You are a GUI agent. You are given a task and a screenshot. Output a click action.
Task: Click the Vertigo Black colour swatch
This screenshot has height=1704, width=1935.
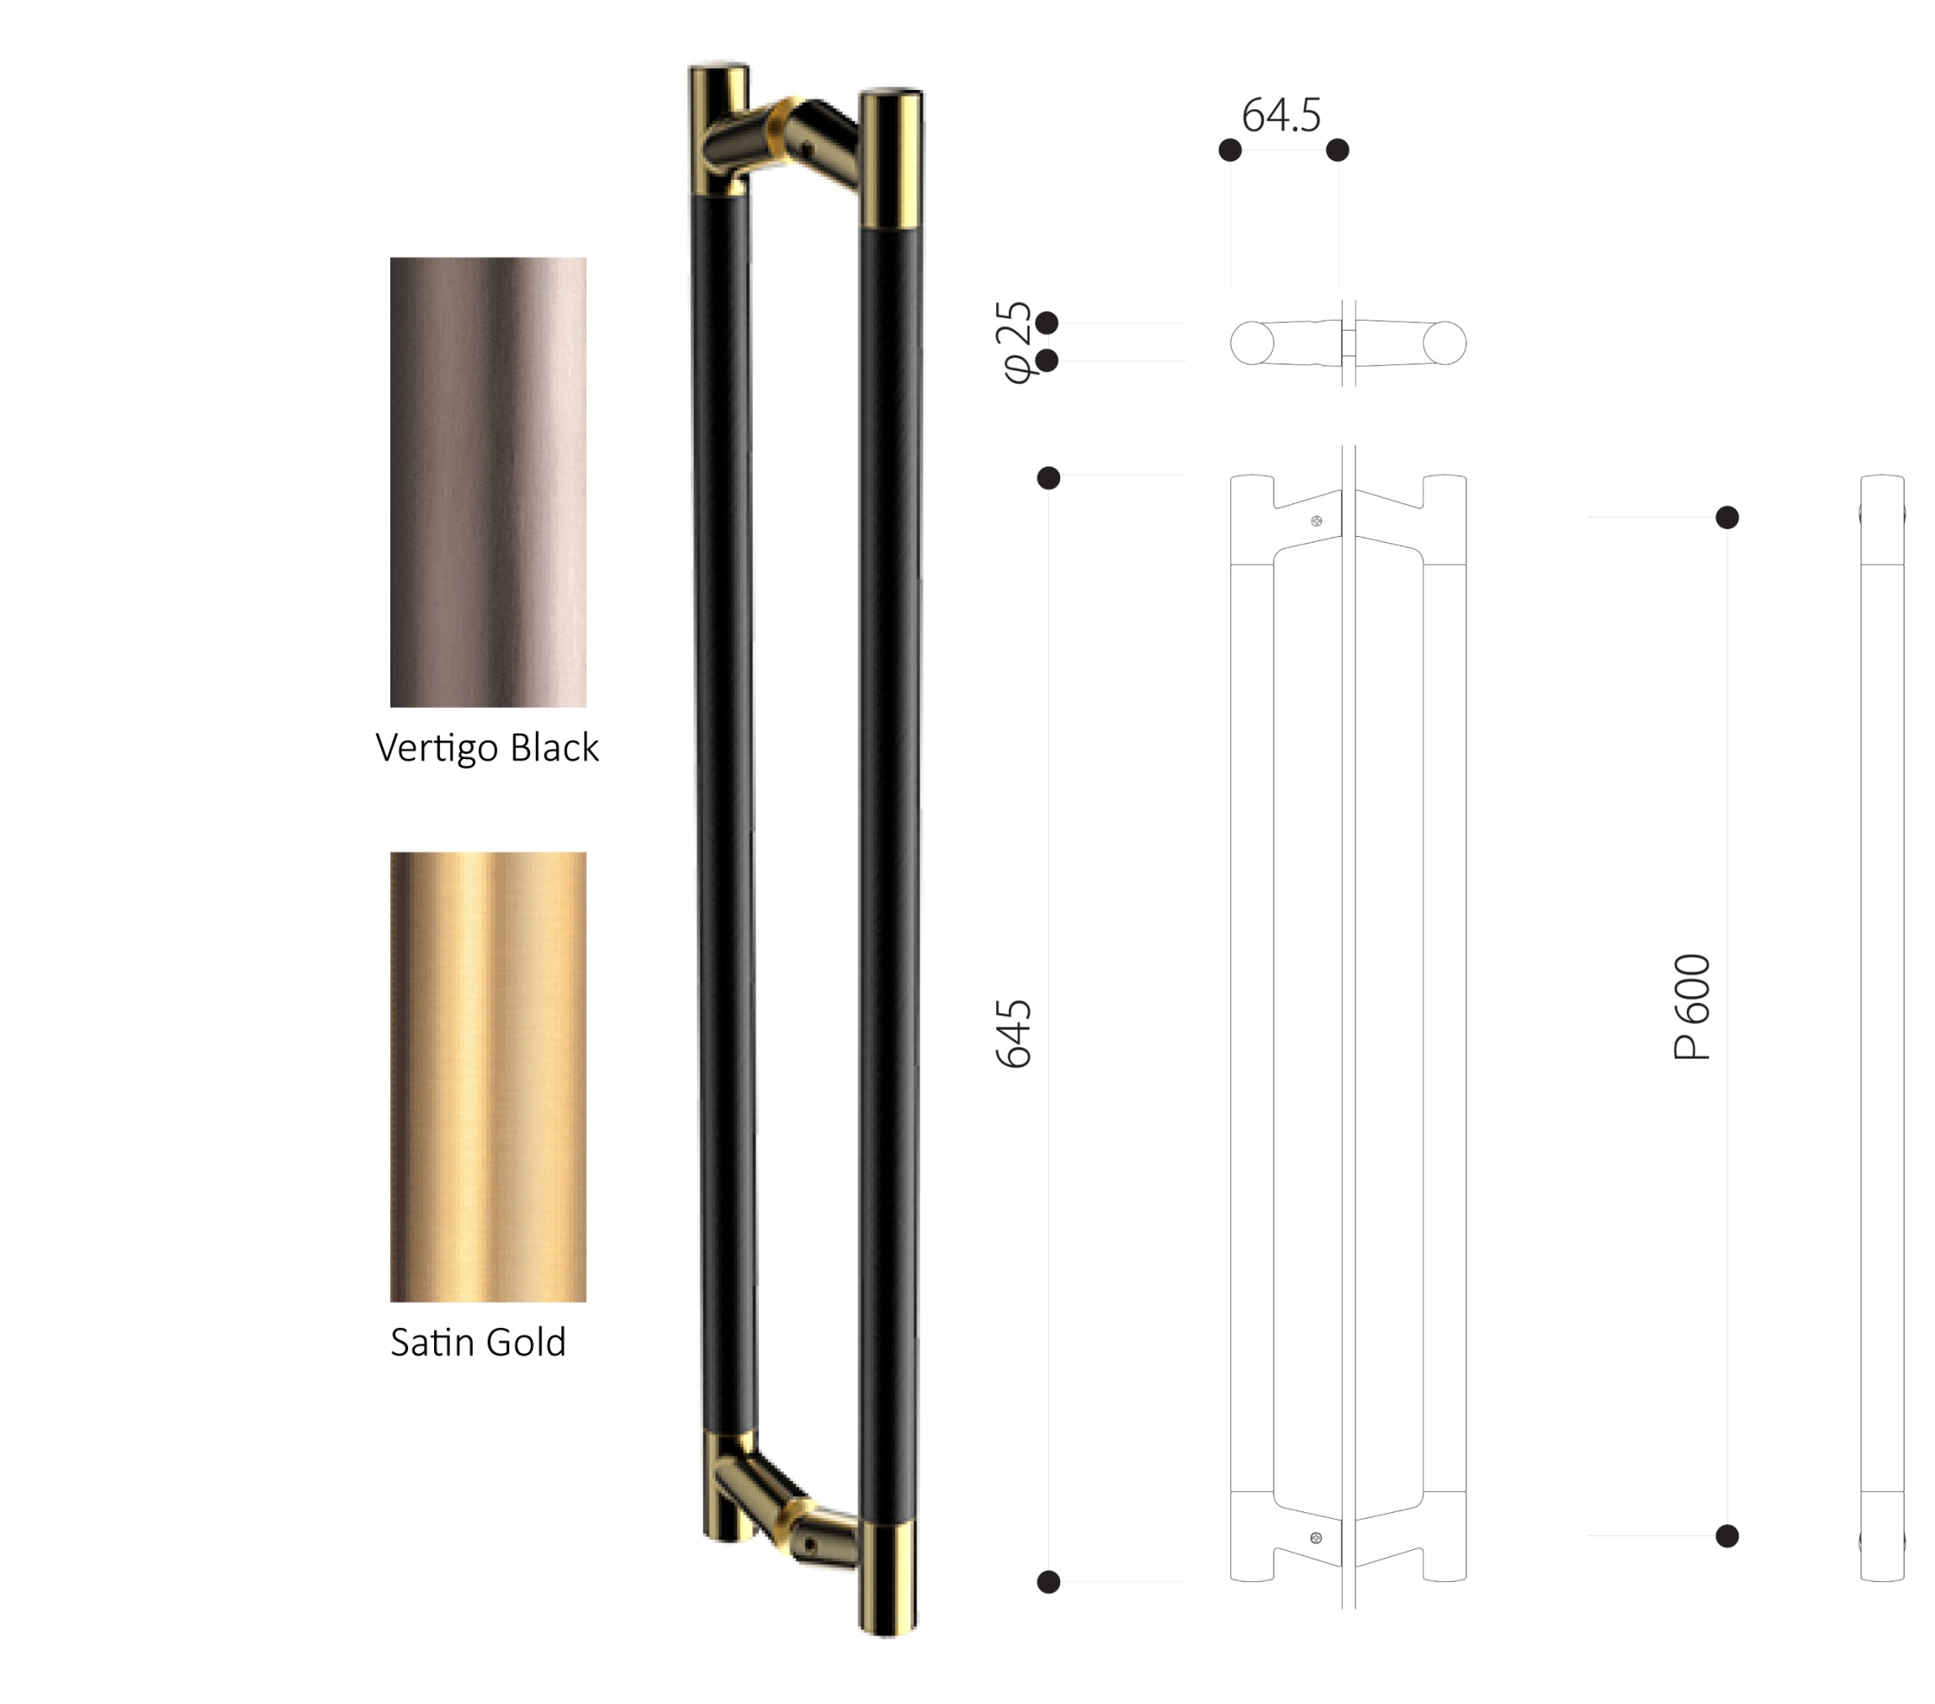click(x=488, y=482)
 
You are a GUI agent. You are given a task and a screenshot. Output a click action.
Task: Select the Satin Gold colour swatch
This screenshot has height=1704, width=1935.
click(x=488, y=1076)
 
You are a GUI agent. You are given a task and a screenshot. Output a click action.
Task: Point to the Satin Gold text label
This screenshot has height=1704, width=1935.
click(x=478, y=1342)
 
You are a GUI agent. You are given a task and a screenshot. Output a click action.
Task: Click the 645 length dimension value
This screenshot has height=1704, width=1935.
click(x=1014, y=1032)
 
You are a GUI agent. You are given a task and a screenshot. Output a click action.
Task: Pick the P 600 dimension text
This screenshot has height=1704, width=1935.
click(x=1693, y=1006)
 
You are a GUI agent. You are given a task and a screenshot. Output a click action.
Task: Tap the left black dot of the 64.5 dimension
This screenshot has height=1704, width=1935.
click(x=1230, y=150)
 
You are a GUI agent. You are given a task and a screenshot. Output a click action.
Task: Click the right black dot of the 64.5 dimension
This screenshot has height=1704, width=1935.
click(x=1338, y=150)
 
